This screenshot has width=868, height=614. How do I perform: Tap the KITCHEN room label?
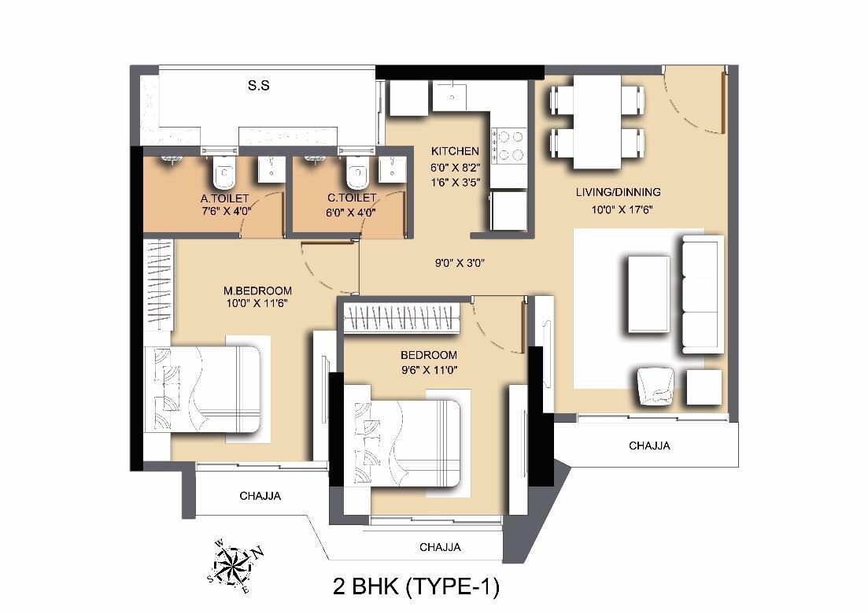point(454,151)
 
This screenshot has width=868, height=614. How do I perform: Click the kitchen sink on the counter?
point(452,98)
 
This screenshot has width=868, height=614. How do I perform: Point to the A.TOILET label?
point(224,198)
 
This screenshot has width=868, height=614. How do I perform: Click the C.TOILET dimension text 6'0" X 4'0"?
point(351,213)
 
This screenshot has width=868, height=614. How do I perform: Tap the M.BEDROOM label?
point(257,290)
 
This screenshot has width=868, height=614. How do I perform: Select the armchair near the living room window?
point(656,386)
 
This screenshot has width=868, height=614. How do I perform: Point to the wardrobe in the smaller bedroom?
point(402,320)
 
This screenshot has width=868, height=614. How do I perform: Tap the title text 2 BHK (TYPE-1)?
point(416,587)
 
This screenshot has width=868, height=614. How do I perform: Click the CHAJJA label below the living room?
point(649,446)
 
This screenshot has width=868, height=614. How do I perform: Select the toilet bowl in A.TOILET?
point(223,170)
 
